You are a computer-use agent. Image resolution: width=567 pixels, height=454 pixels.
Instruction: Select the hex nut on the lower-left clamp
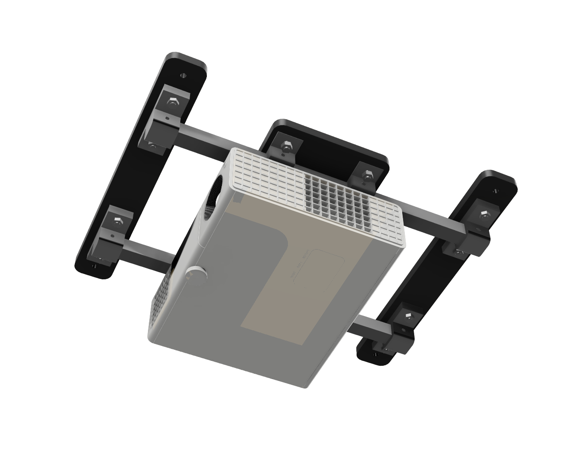(117, 220)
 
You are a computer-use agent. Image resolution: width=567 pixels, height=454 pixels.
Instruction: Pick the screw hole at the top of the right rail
(495, 192)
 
